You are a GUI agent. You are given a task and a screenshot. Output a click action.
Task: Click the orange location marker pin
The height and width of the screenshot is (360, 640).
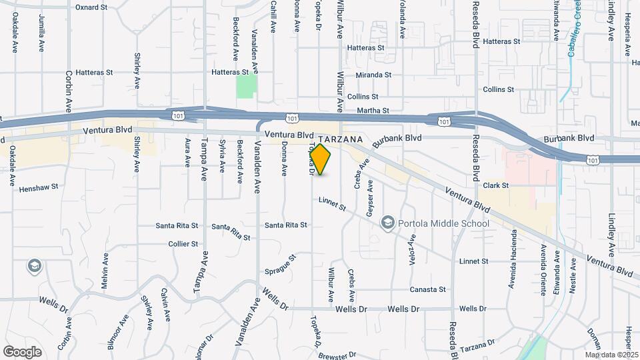(x=321, y=159)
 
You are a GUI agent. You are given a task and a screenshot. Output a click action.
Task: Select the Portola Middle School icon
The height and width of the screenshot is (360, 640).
(x=387, y=223)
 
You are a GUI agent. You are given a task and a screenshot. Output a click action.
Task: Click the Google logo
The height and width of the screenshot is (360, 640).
(x=22, y=351)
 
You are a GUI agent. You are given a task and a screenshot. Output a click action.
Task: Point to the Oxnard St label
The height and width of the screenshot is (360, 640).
(x=91, y=7)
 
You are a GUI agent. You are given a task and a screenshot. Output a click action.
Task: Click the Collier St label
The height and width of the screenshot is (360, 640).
(x=183, y=244)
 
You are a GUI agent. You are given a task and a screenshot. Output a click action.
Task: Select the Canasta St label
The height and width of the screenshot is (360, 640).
(x=427, y=289)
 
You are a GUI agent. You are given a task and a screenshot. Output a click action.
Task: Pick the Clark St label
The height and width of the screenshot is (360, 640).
(x=496, y=185)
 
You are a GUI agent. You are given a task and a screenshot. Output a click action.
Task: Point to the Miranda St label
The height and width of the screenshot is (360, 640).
(x=373, y=75)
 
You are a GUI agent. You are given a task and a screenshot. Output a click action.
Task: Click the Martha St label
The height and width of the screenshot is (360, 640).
(x=373, y=110)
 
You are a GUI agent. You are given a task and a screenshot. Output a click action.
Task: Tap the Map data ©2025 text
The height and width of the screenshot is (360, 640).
(x=611, y=355)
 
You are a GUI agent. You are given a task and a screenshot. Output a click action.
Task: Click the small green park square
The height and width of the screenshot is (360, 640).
(x=246, y=86)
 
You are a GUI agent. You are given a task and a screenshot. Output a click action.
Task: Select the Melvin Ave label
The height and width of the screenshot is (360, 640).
(x=105, y=271)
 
